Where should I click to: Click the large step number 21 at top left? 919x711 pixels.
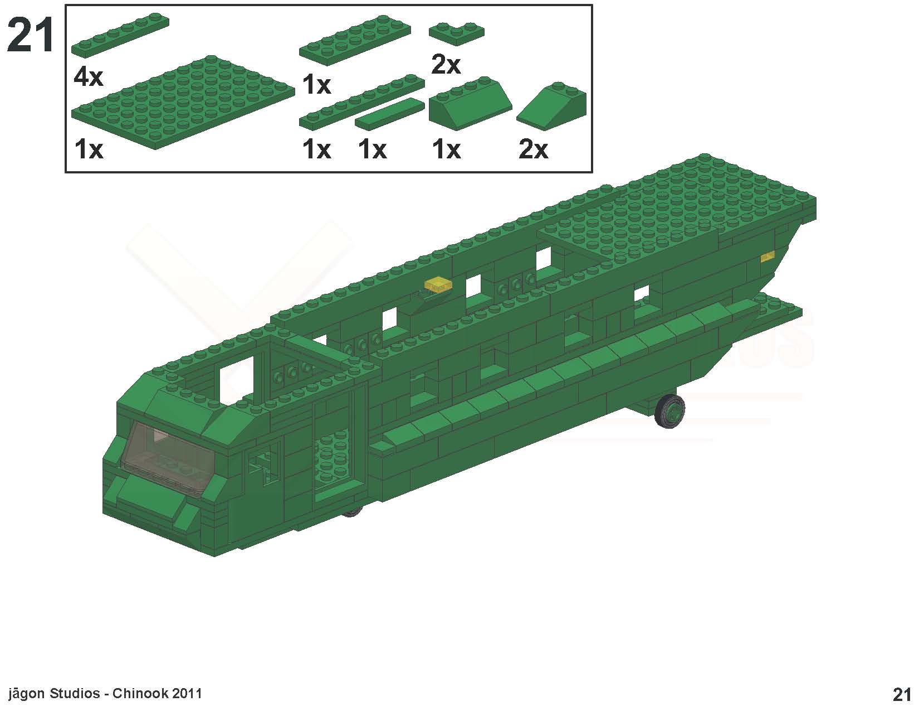coord(31,35)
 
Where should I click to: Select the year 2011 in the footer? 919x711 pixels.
coord(187,694)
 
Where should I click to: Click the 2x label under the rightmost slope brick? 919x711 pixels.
coord(533,149)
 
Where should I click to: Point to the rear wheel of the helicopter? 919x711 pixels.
coord(669,411)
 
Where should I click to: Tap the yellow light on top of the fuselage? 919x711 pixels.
coord(438,284)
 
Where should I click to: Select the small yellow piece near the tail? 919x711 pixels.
coord(768,256)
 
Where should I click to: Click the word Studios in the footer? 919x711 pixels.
coord(75,694)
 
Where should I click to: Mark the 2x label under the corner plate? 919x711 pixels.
coord(446,65)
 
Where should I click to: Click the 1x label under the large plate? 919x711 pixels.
coord(88,149)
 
